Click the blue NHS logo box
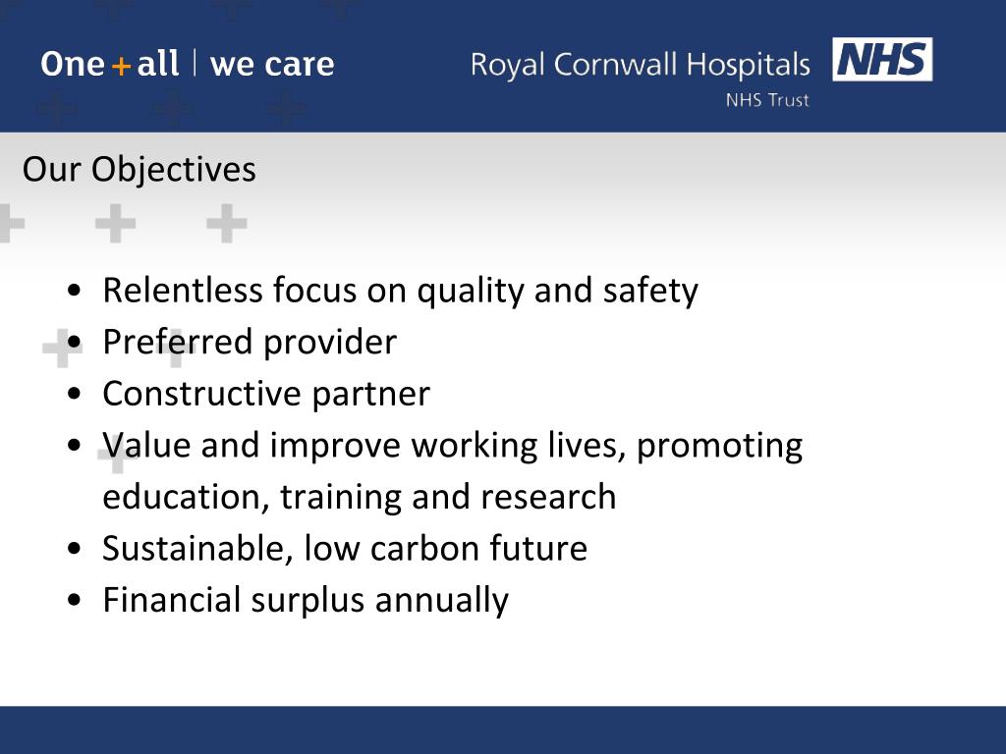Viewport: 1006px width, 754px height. [x=882, y=60]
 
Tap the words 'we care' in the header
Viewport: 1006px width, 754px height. [x=272, y=65]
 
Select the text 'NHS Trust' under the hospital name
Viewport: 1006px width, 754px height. [x=767, y=100]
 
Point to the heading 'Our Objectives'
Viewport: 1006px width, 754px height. [x=139, y=170]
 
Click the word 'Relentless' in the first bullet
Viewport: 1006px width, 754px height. [x=183, y=291]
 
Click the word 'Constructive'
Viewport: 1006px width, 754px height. [x=202, y=394]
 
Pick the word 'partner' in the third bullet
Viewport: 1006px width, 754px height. [x=370, y=395]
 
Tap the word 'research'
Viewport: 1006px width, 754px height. [x=548, y=497]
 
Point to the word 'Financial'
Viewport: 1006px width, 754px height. [x=172, y=599]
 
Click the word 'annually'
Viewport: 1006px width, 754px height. [x=441, y=600]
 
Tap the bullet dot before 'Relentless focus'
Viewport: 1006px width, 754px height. [x=76, y=292]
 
